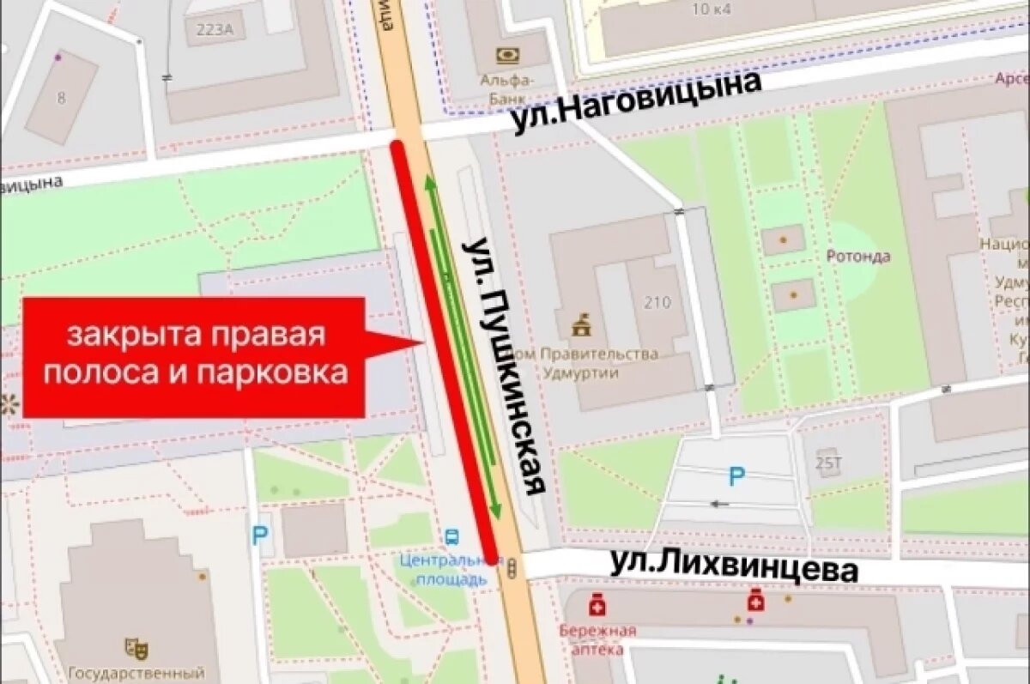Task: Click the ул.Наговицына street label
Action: pyautogui.click(x=637, y=102)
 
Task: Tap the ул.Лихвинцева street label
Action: pyautogui.click(x=734, y=568)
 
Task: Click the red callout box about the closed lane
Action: pyautogui.click(x=195, y=357)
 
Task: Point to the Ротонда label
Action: pyautogui.click(x=857, y=256)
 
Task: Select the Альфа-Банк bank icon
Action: pyautogui.click(x=507, y=56)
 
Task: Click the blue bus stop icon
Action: pyautogui.click(x=451, y=537)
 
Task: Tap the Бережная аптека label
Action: pyautogui.click(x=598, y=640)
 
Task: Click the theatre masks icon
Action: pyautogui.click(x=131, y=646)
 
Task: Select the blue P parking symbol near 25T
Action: pyautogui.click(x=736, y=475)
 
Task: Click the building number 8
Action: pyautogui.click(x=61, y=98)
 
